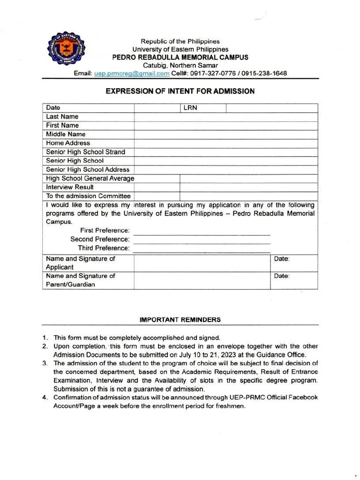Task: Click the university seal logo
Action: pyautogui.click(x=67, y=52)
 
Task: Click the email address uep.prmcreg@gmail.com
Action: pyautogui.click(x=132, y=74)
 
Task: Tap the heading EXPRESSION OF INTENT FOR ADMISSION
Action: pyautogui.click(x=180, y=91)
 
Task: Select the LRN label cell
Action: pyautogui.click(x=190, y=108)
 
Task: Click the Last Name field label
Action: pyautogui.click(x=62, y=117)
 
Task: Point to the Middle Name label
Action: pyautogui.click(x=66, y=134)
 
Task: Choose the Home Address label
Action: pyautogui.click(x=68, y=143)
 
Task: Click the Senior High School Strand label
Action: pyautogui.click(x=85, y=152)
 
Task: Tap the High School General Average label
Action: pyautogui.click(x=90, y=178)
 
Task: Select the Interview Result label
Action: pyautogui.click(x=70, y=187)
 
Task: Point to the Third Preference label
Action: pyautogui.click(x=104, y=248)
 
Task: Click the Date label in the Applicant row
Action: pyautogui.click(x=282, y=259)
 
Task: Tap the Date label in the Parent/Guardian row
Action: pyautogui.click(x=282, y=276)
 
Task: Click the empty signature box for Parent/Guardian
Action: pyautogui.click(x=202, y=280)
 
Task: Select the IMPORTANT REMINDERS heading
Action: pyautogui.click(x=180, y=320)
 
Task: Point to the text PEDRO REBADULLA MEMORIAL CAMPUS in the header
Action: pyautogui.click(x=180, y=57)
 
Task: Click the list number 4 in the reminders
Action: pyautogui.click(x=45, y=397)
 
